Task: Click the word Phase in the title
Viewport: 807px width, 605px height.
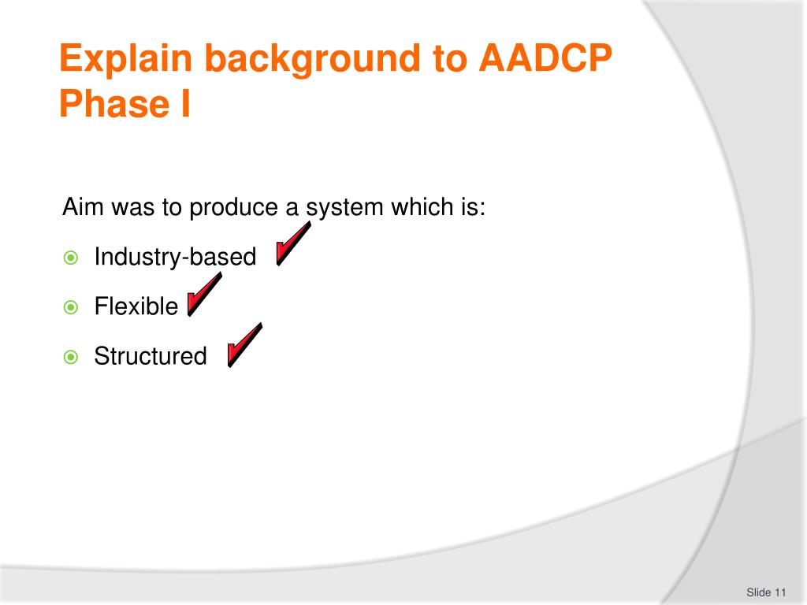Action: coord(114,104)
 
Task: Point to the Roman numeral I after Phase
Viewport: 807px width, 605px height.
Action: coord(186,104)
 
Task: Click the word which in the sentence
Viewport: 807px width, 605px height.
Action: coord(422,207)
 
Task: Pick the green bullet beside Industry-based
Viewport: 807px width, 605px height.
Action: coord(70,258)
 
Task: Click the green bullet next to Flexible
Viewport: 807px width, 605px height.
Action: coord(70,307)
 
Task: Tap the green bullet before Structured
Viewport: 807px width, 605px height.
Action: coord(70,357)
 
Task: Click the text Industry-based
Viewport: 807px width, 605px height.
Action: coord(175,258)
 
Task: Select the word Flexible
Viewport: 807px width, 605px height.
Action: coord(136,306)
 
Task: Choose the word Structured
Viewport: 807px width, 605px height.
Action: coord(151,356)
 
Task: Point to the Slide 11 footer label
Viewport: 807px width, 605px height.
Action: coord(766,592)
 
